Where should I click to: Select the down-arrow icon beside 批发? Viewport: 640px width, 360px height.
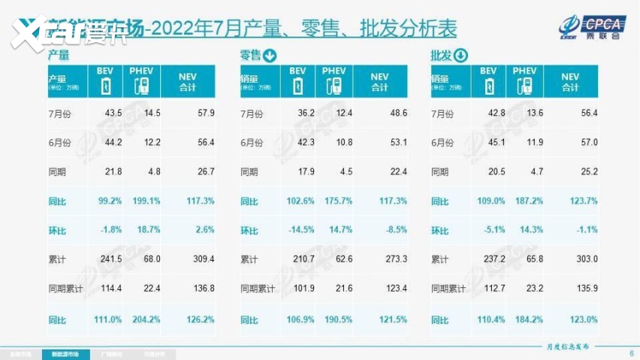[460, 55]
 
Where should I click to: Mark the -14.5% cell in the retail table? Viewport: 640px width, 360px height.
[303, 231]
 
